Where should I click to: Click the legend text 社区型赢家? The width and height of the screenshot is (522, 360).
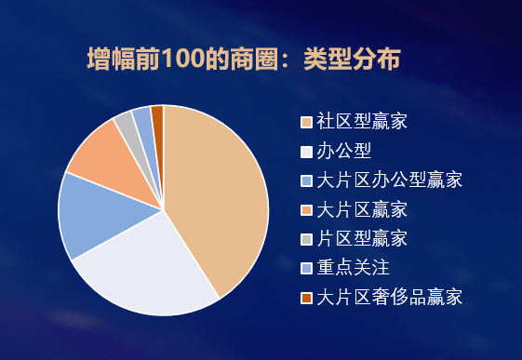(361, 121)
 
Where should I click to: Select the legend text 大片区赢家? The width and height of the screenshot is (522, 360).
(361, 208)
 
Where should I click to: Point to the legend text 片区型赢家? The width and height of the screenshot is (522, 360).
(361, 238)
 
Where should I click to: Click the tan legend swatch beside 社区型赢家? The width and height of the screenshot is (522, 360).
(306, 122)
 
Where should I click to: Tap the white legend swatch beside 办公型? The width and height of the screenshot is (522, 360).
(306, 151)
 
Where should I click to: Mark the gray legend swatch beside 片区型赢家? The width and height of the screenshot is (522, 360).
(306, 239)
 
